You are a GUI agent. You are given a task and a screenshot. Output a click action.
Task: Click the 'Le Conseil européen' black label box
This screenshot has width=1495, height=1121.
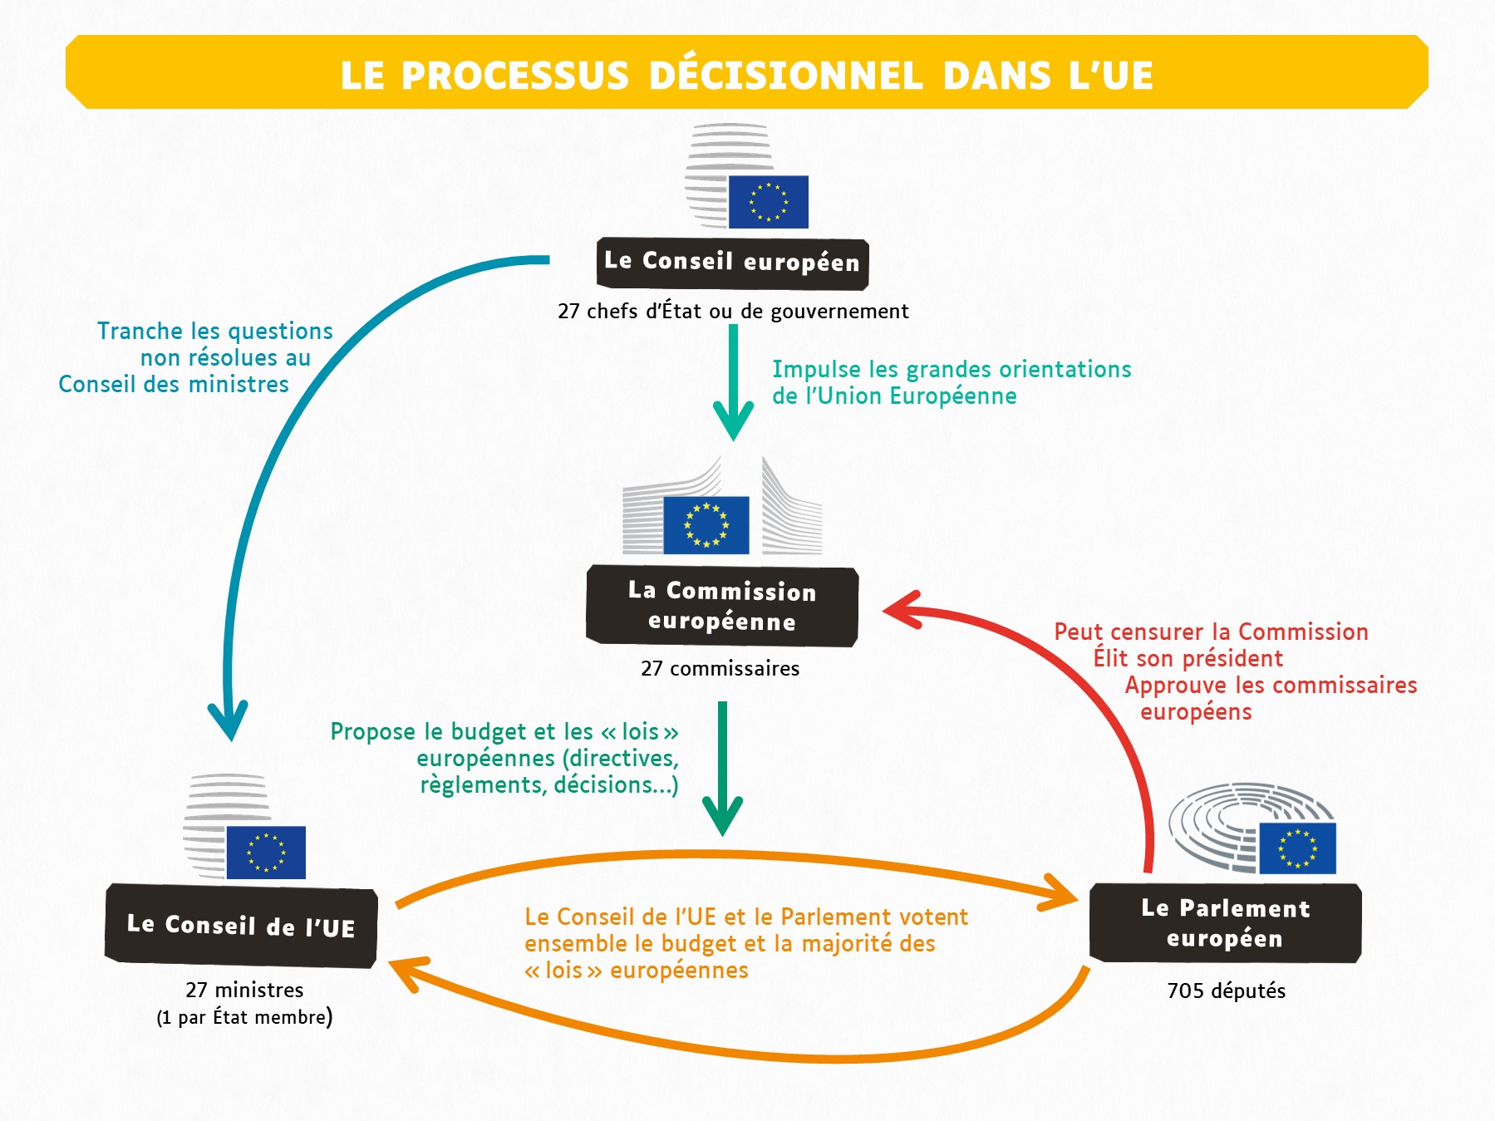tap(732, 263)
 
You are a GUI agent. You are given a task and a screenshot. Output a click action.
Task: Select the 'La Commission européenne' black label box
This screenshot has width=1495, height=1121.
tap(722, 606)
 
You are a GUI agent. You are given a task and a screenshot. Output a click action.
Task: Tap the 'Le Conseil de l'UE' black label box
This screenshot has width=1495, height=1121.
tap(241, 925)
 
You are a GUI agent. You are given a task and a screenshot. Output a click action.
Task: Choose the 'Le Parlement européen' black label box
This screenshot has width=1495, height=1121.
tap(1226, 922)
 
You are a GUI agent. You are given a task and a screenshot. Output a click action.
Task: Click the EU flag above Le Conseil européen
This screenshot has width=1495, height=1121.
tap(769, 202)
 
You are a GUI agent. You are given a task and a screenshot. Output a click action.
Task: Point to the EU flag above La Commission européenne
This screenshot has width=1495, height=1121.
tap(706, 525)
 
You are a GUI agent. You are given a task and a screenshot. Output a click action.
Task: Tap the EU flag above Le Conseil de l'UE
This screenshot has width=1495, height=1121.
tap(266, 853)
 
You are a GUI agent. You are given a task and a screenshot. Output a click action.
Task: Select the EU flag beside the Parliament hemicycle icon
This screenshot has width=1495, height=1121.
tap(1297, 848)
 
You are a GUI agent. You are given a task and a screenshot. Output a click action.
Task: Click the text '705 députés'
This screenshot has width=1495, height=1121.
tap(1227, 991)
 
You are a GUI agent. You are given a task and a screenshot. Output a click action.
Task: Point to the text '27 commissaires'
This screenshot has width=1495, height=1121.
tap(720, 668)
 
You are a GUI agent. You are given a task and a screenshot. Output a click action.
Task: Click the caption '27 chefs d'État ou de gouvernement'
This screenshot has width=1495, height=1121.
tap(733, 311)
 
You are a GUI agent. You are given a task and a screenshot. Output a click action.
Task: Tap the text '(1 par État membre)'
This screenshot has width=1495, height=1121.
tap(244, 1017)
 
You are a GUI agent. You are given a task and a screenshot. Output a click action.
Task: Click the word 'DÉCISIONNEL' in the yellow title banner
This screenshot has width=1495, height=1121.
tap(785, 75)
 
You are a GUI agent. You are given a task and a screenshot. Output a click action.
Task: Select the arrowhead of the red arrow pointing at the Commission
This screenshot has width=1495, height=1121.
tap(901, 611)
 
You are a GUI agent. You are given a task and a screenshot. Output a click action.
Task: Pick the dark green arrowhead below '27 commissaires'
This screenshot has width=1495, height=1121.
tap(723, 816)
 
